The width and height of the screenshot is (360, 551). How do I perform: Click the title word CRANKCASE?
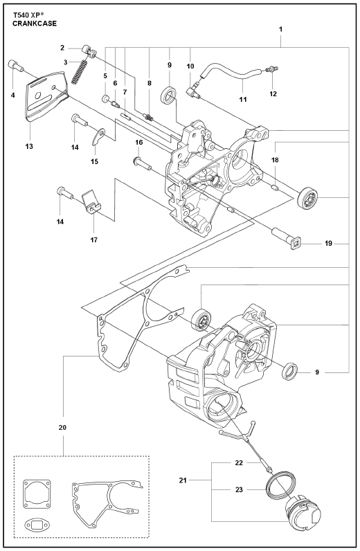coord(35,24)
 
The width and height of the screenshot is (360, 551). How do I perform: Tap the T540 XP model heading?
coord(28,15)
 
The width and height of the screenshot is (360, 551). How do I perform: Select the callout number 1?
coord(280,29)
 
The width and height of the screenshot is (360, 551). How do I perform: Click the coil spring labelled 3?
coord(80,72)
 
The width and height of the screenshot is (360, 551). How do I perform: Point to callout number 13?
coord(29,146)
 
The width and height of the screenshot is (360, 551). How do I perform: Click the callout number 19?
coord(328,243)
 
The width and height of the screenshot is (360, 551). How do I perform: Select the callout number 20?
coord(62,428)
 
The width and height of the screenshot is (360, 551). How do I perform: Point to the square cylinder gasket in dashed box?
coord(37,493)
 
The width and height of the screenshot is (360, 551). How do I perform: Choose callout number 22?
coord(239,463)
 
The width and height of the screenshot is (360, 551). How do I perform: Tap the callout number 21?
coord(183,480)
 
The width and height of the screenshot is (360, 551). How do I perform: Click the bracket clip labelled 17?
coord(91,202)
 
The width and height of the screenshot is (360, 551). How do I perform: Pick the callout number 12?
coord(273,94)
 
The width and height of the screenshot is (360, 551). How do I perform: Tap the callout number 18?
coord(275,160)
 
